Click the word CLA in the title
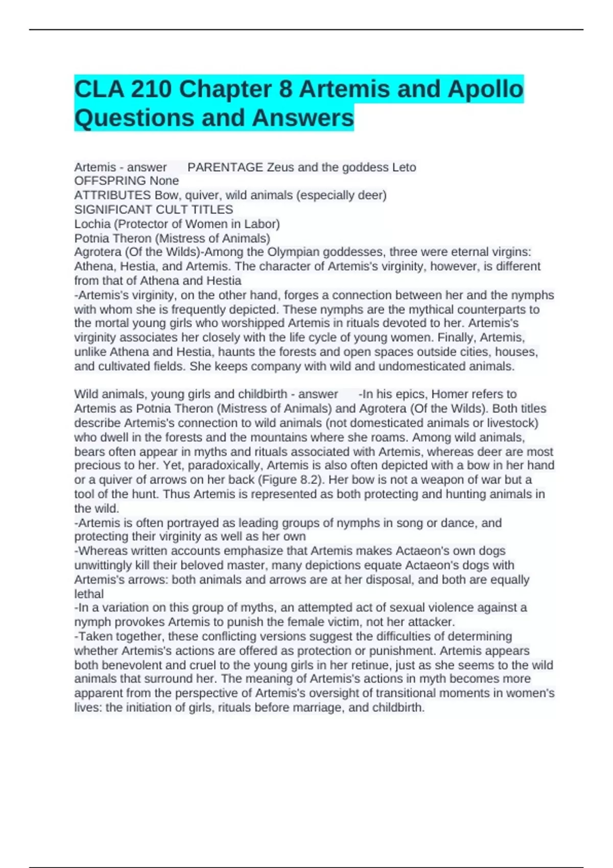tap(99, 89)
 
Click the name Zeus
tap(280, 167)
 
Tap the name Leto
tap(404, 167)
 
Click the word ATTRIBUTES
tap(112, 195)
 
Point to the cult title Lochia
tap(92, 224)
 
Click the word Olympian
tap(293, 252)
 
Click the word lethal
tap(89, 594)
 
